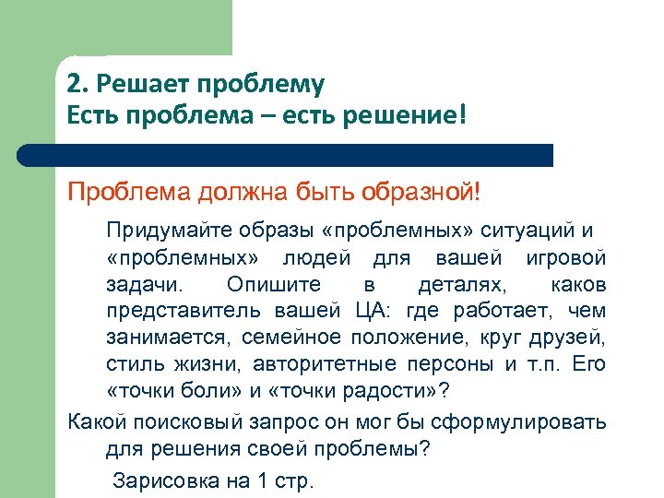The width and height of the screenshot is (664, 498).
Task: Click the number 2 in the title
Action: pos(73,86)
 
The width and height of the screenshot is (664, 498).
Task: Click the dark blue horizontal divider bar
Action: pos(304,154)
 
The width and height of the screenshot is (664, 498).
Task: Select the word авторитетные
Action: pos(324,362)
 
